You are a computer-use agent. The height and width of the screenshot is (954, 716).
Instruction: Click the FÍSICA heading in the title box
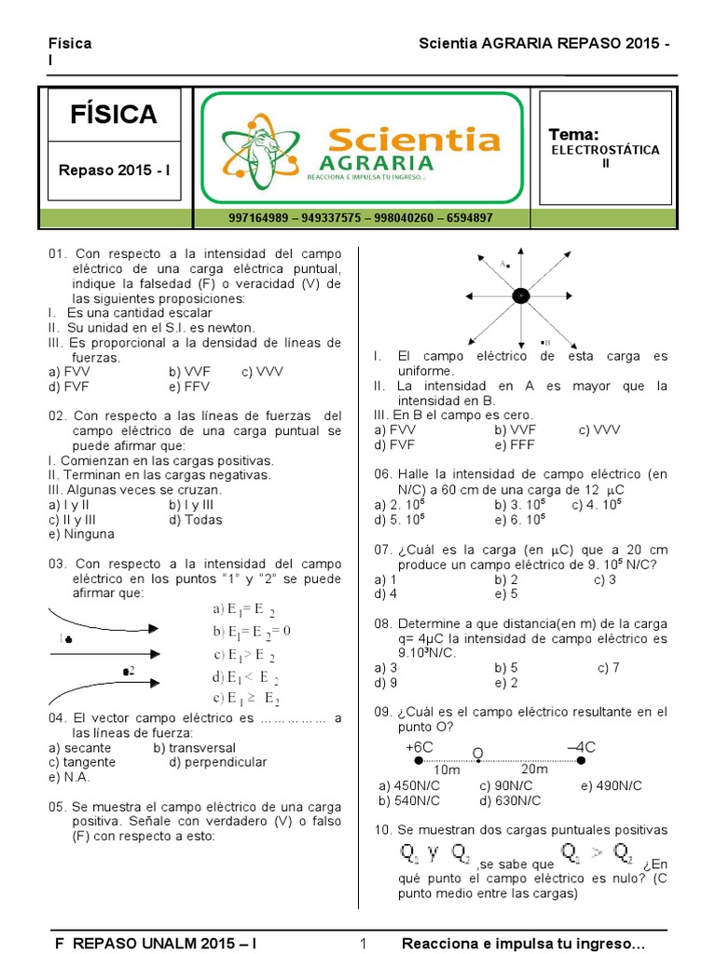114,115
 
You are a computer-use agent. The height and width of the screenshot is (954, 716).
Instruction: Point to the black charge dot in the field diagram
520,295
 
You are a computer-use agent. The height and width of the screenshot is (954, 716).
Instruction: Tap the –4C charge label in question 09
582,747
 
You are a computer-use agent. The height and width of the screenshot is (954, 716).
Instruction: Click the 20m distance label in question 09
534,770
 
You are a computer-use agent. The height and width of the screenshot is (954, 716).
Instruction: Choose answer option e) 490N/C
611,785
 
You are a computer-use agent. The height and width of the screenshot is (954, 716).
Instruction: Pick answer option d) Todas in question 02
196,520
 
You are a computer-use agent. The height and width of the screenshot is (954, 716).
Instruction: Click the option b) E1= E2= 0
252,631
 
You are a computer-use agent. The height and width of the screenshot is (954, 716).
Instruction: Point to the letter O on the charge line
478,753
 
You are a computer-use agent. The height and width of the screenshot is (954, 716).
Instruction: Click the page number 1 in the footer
364,945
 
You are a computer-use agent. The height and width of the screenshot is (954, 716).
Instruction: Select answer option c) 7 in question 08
608,668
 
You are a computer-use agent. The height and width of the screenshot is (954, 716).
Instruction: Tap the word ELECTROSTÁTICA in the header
605,150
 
